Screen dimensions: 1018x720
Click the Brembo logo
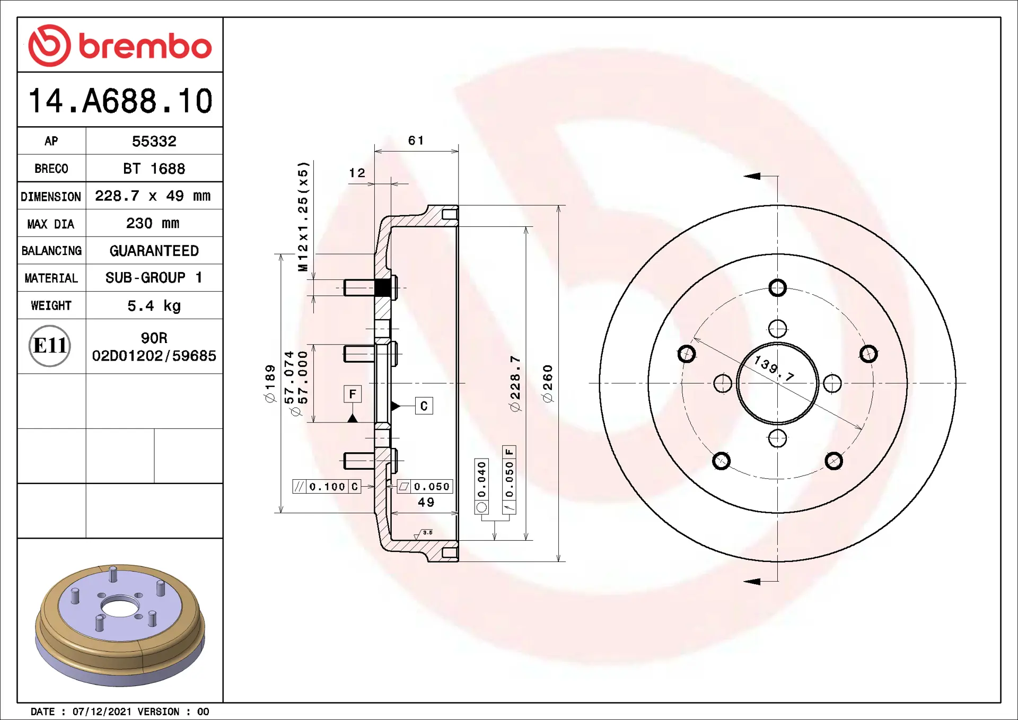tap(120, 46)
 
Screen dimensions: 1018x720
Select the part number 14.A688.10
tap(120, 101)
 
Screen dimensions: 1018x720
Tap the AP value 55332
tap(154, 142)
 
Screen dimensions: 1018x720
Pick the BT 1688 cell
tap(154, 169)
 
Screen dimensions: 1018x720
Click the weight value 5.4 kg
tap(154, 306)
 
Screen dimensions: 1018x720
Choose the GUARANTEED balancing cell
tap(154, 251)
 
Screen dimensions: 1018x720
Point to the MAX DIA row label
tap(51, 224)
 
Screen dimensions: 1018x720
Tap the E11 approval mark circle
tap(50, 346)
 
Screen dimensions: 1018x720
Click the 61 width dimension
tap(416, 141)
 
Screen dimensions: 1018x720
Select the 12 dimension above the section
tap(357, 173)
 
